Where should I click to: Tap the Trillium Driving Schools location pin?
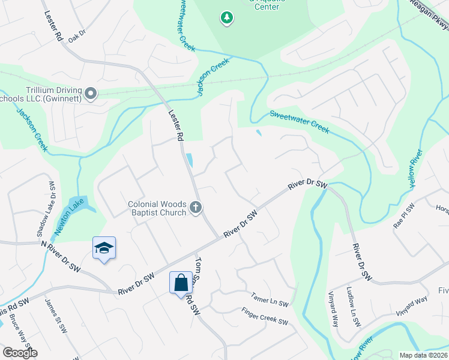91,94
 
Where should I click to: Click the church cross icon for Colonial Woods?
195,208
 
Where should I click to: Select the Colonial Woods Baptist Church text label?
158,208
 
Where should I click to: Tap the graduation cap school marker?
104,247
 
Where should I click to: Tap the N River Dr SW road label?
61,255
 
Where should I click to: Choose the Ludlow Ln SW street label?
354,307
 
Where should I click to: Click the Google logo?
20,352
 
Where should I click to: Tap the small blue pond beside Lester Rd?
190,160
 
